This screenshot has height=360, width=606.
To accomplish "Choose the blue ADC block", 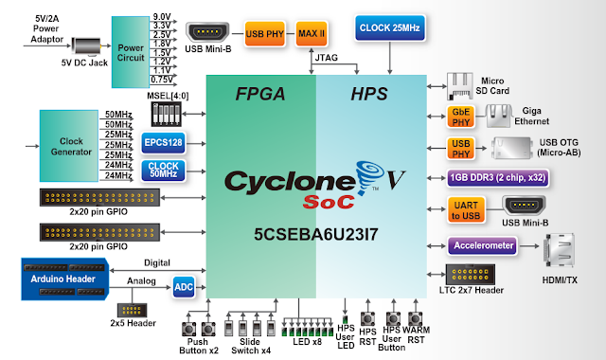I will coord(184,284).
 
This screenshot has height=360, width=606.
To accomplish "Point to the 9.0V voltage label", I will coord(162,17).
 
